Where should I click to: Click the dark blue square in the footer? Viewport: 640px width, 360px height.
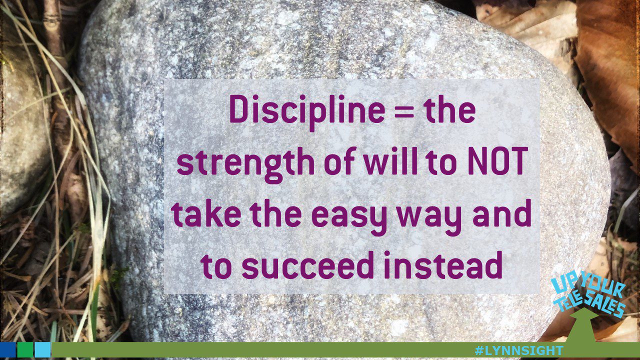click(7, 349)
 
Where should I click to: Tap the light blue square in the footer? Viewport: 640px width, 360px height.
click(42, 349)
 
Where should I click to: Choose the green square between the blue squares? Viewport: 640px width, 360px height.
click(25, 349)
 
